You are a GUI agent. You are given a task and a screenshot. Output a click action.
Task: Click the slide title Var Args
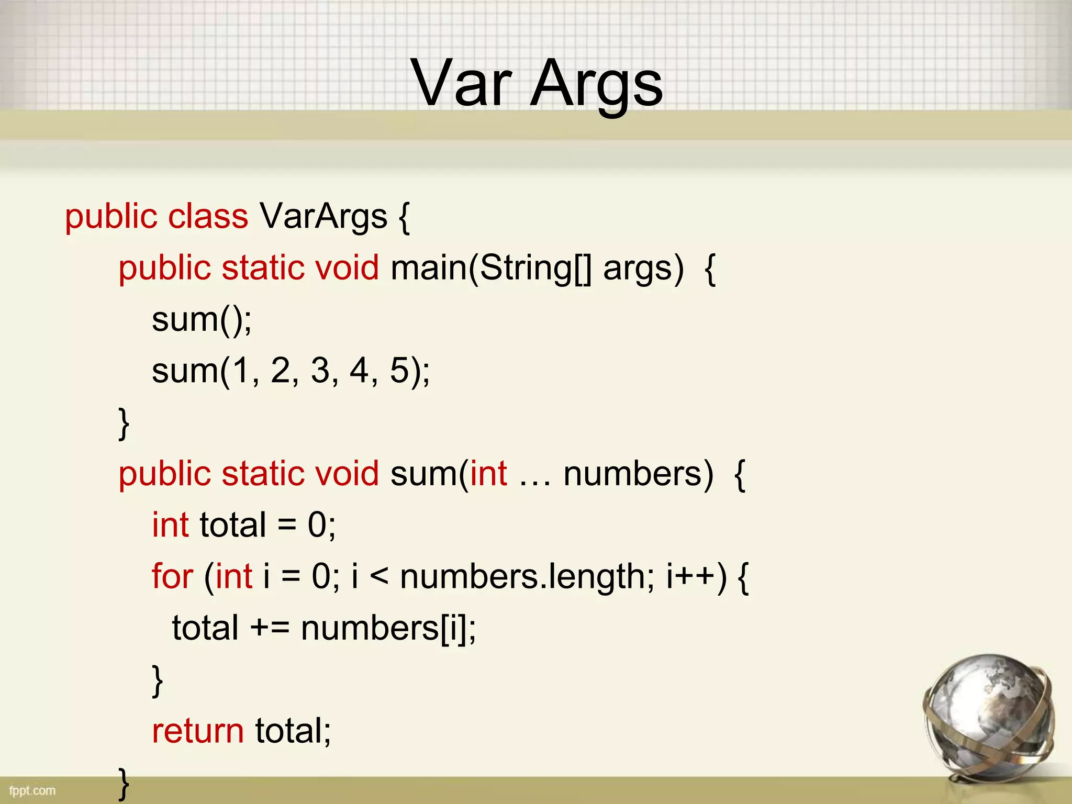(537, 84)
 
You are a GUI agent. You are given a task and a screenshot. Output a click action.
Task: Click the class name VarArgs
(323, 216)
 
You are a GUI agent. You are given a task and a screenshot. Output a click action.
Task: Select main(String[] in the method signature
(491, 268)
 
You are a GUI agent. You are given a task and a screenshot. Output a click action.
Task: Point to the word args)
(643, 268)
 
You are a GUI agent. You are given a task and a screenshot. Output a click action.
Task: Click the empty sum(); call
(202, 319)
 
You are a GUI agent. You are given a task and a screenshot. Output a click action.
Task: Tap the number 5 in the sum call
(399, 371)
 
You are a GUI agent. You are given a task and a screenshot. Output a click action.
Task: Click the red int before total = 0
(170, 525)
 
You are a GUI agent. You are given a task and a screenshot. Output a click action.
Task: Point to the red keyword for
(172, 576)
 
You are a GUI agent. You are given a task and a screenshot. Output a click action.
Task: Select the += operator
(270, 628)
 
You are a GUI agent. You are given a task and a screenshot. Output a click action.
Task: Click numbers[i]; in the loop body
(388, 628)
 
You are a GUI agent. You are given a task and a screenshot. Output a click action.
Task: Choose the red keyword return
(198, 731)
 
